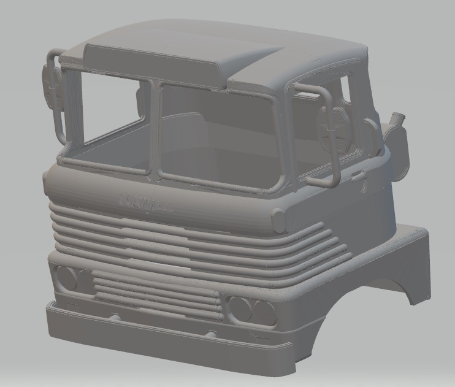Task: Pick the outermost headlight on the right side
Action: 264,310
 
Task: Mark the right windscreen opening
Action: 221,138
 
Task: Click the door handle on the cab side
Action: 357,177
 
